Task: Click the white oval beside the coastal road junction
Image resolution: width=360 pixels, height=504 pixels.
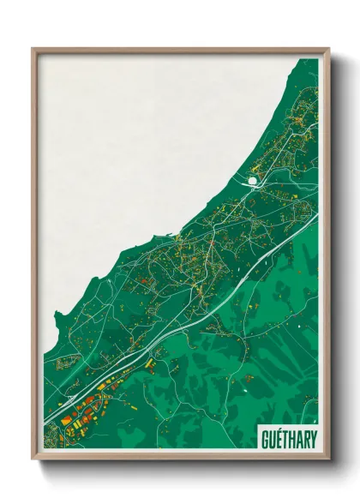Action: click(x=252, y=181)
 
